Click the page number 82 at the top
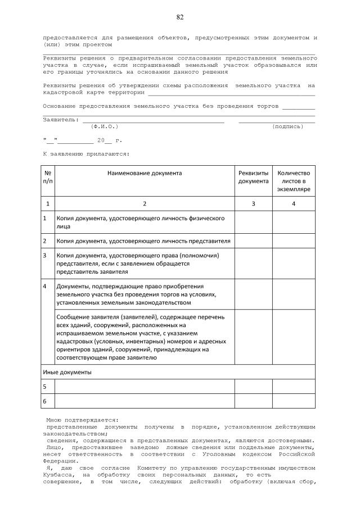(x=180, y=17)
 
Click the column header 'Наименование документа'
(x=145, y=173)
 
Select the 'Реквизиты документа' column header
(x=253, y=177)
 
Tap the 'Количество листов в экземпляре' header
(x=294, y=181)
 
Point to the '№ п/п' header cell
(x=48, y=177)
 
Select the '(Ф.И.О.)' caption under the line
(x=104, y=126)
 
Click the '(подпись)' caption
(x=287, y=126)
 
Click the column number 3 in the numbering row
(x=253, y=203)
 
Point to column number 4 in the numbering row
(x=294, y=203)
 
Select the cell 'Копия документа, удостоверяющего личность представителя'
(x=143, y=241)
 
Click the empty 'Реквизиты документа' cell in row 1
(x=253, y=222)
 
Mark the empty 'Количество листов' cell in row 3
(x=294, y=263)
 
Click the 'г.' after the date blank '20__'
(x=118, y=140)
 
